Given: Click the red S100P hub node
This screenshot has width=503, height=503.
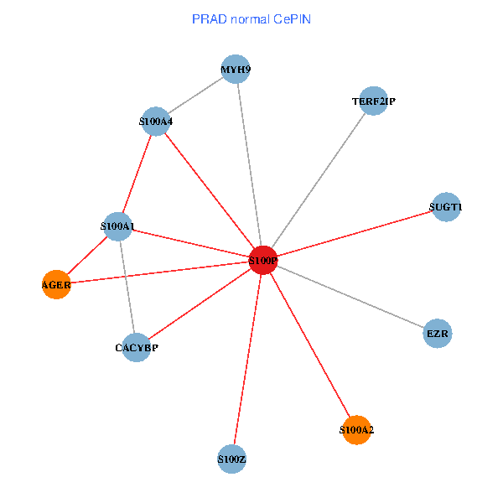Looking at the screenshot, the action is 263,261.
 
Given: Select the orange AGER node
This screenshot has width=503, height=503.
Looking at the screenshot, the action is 56,285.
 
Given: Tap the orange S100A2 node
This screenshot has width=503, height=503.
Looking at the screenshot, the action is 356,430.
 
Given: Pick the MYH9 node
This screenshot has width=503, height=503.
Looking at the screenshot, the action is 236,69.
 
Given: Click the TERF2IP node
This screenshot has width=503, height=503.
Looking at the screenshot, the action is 373,101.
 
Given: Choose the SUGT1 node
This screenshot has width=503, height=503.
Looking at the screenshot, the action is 446,206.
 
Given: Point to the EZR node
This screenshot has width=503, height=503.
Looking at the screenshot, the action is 438,334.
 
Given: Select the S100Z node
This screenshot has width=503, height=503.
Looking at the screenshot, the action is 231,459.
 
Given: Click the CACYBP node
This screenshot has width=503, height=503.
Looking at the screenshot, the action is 136,347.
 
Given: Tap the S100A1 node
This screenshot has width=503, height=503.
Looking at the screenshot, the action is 117,226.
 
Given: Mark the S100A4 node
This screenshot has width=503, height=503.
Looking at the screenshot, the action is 155,122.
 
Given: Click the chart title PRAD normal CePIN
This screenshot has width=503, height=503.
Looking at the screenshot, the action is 251,18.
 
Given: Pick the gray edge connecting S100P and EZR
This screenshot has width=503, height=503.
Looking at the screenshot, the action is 350,297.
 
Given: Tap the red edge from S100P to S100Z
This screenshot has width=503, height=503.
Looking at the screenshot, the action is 247,360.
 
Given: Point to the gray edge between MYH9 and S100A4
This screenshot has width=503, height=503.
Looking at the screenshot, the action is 195,96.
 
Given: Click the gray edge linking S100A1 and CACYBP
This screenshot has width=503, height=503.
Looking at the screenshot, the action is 127,286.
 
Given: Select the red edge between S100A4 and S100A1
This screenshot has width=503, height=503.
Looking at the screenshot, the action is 137,174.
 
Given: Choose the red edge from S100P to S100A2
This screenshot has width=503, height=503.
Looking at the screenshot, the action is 310,345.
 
